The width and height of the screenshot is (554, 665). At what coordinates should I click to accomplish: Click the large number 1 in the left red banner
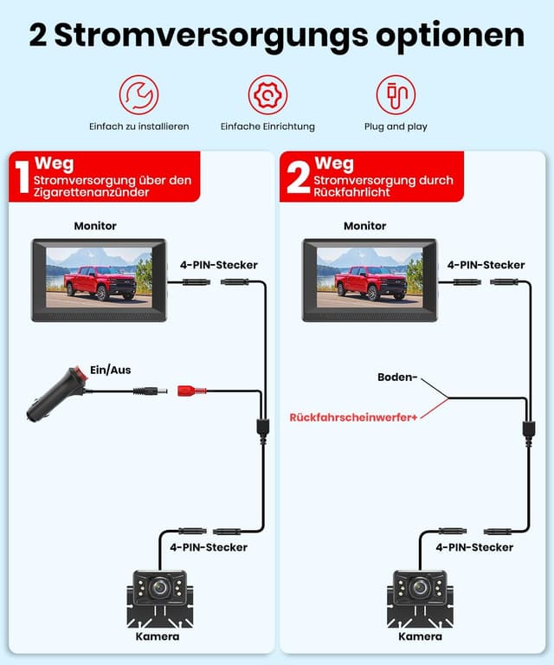point(21,178)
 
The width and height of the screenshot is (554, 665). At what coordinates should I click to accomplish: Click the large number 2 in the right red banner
point(297,178)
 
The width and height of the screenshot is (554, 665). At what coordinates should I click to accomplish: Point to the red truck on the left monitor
point(103,281)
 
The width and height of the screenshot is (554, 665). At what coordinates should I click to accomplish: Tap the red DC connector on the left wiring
point(190,391)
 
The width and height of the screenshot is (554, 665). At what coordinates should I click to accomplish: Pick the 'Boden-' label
point(398,378)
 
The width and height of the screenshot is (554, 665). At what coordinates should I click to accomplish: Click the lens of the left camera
point(158,587)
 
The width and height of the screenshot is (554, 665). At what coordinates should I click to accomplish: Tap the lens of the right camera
point(420,587)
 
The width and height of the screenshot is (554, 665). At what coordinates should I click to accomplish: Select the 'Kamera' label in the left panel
point(158,636)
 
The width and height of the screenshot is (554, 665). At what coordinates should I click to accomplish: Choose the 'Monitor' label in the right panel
point(364,226)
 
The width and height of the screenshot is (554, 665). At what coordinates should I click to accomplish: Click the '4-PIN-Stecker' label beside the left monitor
point(218,265)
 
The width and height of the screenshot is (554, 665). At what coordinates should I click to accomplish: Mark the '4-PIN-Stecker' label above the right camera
point(474,547)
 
